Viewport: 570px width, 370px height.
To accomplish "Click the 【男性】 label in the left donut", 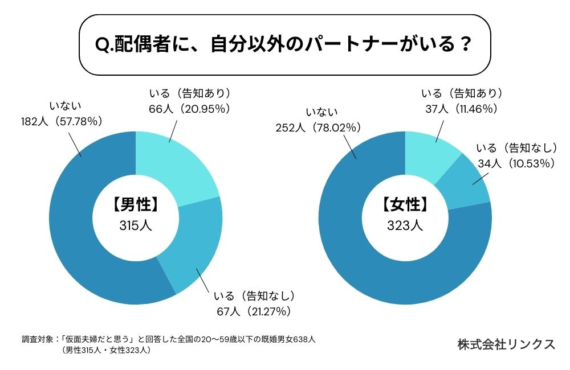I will point(136,204).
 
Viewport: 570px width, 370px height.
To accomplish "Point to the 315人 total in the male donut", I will point(136,225).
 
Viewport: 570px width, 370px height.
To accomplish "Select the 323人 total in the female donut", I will point(405,225).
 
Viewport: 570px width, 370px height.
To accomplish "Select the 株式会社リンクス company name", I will point(506,345).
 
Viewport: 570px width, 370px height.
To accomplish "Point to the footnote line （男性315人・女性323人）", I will point(106,351).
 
